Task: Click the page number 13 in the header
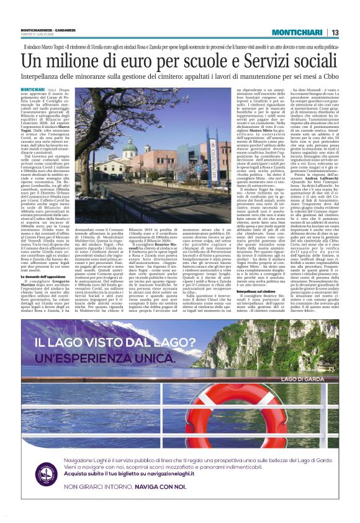tap(335, 33)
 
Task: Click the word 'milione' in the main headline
tap(88, 62)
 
